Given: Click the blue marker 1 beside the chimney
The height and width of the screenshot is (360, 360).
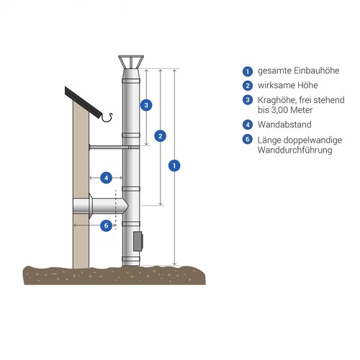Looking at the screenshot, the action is point(174,166).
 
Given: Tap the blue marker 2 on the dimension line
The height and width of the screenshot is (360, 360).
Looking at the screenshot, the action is point(161,136).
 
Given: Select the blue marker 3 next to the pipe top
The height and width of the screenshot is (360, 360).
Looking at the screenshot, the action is point(146,105).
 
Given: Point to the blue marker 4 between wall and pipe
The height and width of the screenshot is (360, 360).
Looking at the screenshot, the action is point(106,178).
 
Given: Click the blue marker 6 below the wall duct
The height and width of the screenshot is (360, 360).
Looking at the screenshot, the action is point(106,225).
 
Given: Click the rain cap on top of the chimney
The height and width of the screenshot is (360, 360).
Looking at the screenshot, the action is point(131,62).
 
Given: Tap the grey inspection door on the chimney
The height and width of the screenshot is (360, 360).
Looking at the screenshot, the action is point(138,241).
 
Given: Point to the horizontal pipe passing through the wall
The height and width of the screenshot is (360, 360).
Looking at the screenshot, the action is point(100,206).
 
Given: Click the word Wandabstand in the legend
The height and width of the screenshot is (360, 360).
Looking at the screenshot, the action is point(284,125).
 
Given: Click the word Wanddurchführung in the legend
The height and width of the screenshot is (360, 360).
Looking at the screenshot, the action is point(295,150).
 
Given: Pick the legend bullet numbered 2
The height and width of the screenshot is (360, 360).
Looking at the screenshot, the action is point(248,86).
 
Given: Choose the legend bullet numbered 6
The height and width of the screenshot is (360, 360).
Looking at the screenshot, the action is point(248,140).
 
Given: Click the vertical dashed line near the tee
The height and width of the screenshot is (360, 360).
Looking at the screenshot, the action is point(116,210).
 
